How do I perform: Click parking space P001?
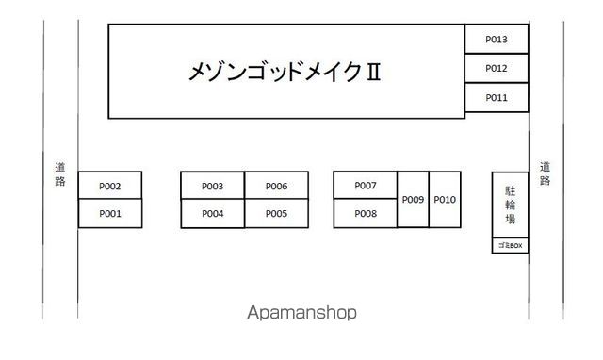(x=110, y=214)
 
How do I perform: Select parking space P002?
(x=110, y=187)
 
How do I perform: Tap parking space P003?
(x=212, y=186)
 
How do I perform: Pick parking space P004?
(x=212, y=214)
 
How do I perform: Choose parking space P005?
(x=276, y=214)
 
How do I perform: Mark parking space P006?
(x=276, y=186)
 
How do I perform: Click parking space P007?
(x=366, y=186)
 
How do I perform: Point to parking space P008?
(x=366, y=214)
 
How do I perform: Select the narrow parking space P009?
(x=413, y=199)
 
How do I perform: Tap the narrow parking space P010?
(x=446, y=199)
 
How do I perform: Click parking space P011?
(x=497, y=97)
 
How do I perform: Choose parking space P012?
(x=497, y=68)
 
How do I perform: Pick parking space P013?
(x=497, y=39)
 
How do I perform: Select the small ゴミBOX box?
(x=510, y=246)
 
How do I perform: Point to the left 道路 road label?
(x=60, y=173)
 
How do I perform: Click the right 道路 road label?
(x=545, y=173)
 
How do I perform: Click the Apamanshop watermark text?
(x=301, y=313)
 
